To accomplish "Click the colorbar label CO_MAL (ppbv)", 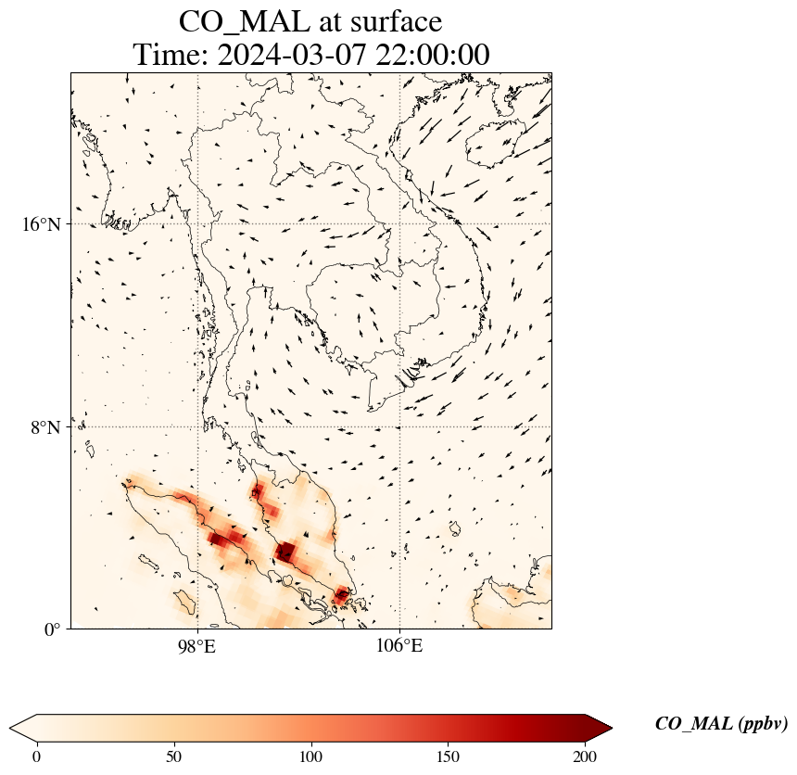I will tap(721, 725).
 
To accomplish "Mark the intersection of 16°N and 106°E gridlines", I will tap(399, 223).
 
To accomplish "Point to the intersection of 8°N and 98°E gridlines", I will tap(196, 426).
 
